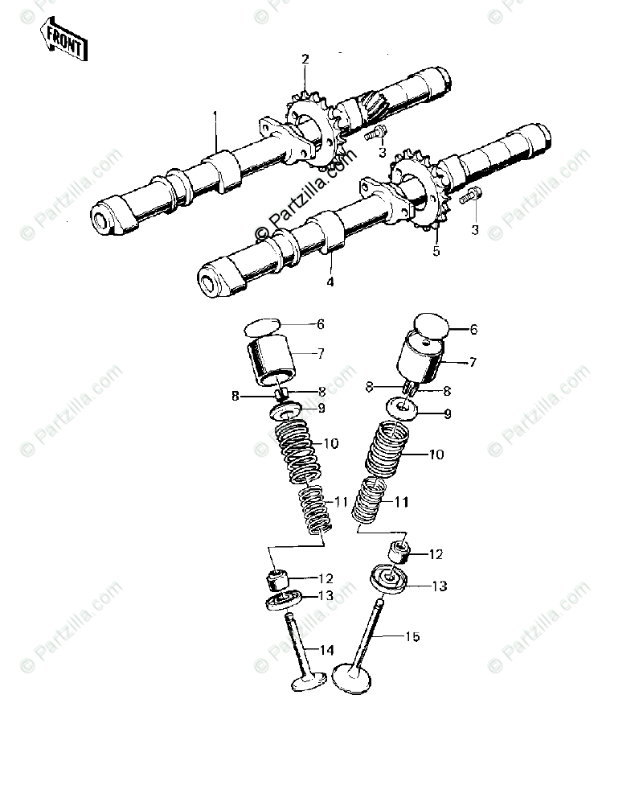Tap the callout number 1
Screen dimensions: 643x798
click(x=215, y=114)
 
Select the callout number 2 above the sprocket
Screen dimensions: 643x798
click(x=305, y=59)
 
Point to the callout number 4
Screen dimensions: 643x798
click(x=330, y=282)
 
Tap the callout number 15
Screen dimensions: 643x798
click(x=412, y=636)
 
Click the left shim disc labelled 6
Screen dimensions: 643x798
click(x=263, y=327)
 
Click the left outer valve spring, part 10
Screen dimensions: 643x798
click(x=295, y=446)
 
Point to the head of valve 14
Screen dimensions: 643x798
click(x=308, y=680)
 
